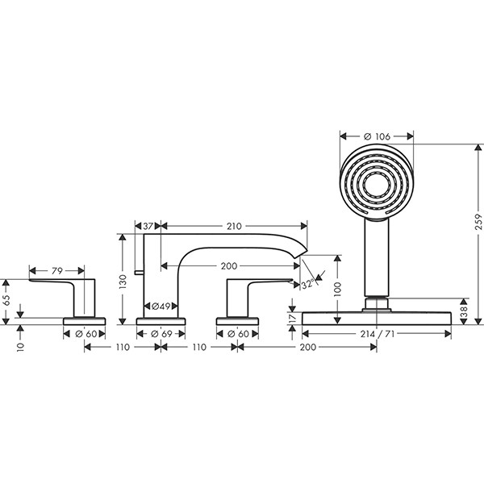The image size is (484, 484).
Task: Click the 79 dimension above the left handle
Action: pyautogui.click(x=56, y=271)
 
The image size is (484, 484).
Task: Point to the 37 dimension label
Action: pyautogui.click(x=148, y=227)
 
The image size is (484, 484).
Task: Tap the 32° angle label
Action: pyautogui.click(x=307, y=285)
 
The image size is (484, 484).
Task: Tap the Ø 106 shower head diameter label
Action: pyautogui.click(x=377, y=135)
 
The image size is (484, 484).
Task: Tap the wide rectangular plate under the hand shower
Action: pyautogui.click(x=376, y=318)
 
